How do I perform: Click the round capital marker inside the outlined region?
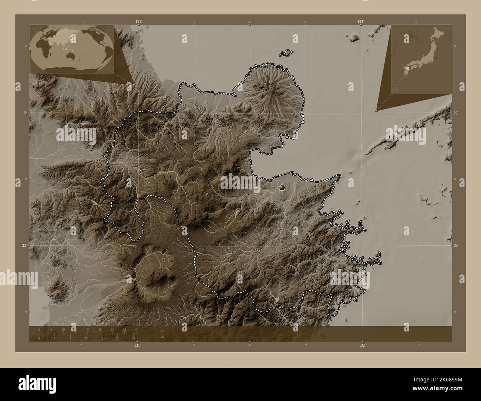tap(282, 188)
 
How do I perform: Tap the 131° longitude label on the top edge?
tap(138, 22)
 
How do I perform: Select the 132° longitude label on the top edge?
tap(361, 22)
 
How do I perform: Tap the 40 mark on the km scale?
tap(137, 329)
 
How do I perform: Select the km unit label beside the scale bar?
tap(163, 331)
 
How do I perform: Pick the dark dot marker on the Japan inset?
tap(435, 58)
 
